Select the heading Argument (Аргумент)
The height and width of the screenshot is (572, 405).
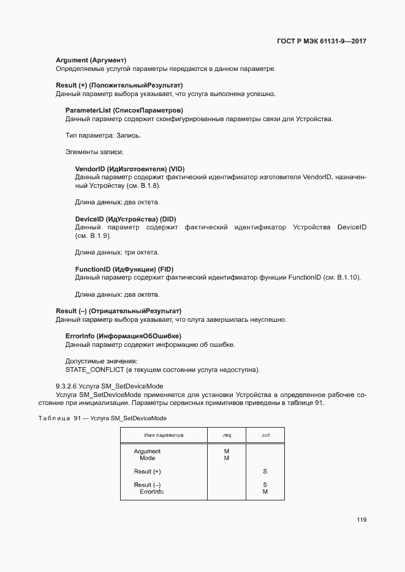[x=91, y=60]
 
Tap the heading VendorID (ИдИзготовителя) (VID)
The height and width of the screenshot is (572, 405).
[x=130, y=169]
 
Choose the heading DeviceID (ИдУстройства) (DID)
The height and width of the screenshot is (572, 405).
[x=126, y=219]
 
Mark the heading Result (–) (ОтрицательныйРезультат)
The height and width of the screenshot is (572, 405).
[x=119, y=311]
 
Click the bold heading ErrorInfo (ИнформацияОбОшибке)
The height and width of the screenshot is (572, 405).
[x=123, y=336]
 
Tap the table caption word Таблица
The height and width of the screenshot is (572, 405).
[x=55, y=418]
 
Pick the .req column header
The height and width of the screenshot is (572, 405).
[x=227, y=435]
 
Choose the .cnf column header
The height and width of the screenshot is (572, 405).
[x=265, y=435]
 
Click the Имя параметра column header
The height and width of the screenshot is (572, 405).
[x=164, y=435]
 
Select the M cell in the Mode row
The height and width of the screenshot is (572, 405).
[x=227, y=458]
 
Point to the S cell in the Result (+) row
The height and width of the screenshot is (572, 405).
[x=265, y=472]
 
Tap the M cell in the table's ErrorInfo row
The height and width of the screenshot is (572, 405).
[x=265, y=491]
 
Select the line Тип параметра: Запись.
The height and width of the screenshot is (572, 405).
[x=103, y=135]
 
